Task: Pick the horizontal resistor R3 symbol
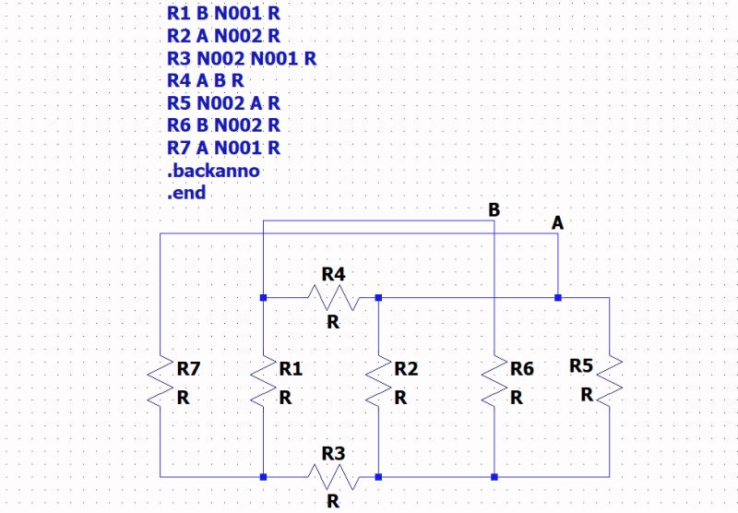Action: (333, 477)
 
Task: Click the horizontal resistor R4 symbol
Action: (333, 298)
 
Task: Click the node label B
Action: (494, 210)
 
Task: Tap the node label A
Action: (557, 223)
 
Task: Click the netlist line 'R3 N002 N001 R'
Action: (242, 59)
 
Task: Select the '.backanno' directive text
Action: (213, 171)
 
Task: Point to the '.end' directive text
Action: (186, 193)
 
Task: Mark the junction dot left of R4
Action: (264, 298)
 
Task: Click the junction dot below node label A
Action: (557, 298)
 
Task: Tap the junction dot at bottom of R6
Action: (494, 477)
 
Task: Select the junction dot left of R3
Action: (264, 477)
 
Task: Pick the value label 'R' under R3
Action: (333, 502)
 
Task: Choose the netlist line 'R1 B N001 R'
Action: (223, 15)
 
